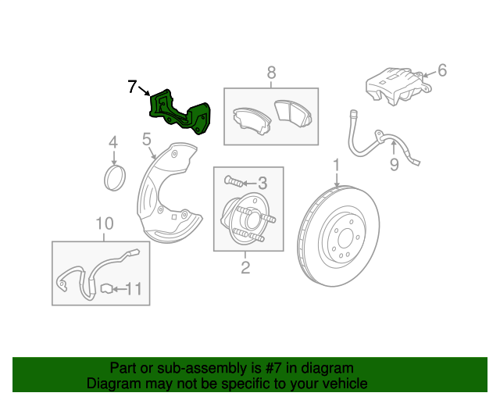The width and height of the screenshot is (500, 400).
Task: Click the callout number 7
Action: tap(133, 86)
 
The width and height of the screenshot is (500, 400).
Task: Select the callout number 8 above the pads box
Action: tap(271, 73)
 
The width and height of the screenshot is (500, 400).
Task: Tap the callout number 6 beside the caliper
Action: tap(441, 71)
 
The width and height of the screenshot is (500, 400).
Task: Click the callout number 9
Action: tap(394, 164)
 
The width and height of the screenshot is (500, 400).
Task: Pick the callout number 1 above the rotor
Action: tap(337, 166)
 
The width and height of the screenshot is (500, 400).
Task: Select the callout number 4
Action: tap(113, 143)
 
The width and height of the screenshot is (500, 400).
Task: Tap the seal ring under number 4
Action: tap(115, 177)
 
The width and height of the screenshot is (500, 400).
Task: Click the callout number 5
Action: tap(146, 141)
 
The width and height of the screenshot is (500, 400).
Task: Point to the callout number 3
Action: tap(262, 184)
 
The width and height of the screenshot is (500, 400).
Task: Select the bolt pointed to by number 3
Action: tap(234, 181)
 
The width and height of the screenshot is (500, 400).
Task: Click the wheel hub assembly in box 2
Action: tap(245, 219)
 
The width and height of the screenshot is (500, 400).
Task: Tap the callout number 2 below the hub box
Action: tap(245, 269)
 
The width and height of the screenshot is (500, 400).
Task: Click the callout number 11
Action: tap(134, 290)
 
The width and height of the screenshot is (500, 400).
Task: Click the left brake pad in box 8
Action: tap(249, 120)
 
